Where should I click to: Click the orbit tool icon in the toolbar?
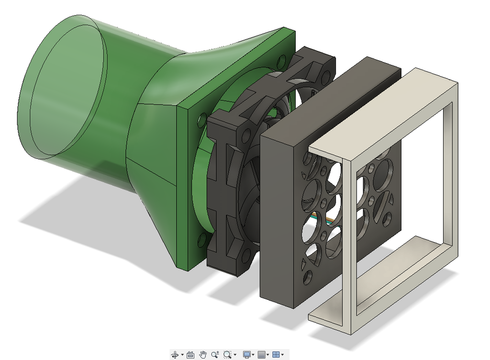(175, 355)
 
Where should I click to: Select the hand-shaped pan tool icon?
(203, 355)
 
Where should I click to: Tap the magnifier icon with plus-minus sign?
(215, 355)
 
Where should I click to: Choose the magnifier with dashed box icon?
(227, 355)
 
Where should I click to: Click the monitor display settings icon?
(247, 355)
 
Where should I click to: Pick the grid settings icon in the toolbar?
(261, 355)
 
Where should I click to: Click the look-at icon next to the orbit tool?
(190, 355)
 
